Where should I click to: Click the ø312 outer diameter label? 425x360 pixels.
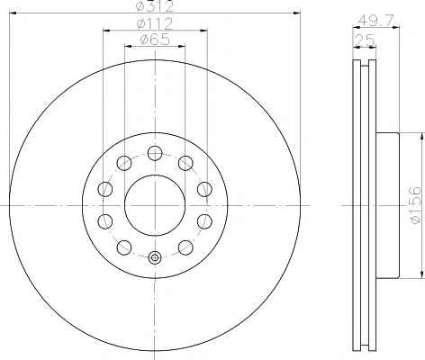pyautogui.click(x=155, y=6)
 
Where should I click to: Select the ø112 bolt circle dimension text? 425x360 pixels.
pyautogui.click(x=155, y=23)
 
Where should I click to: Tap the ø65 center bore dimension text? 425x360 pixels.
pyautogui.click(x=155, y=40)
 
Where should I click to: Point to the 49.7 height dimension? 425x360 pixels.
pyautogui.click(x=375, y=21)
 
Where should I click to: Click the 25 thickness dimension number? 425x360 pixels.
pyautogui.click(x=365, y=40)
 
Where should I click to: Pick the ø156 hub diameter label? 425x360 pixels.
pyautogui.click(x=416, y=205)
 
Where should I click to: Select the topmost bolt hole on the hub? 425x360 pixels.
pyautogui.click(x=155, y=153)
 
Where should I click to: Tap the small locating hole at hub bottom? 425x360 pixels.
pyautogui.click(x=155, y=257)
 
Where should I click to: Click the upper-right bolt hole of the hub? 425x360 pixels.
pyautogui.click(x=185, y=163)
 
